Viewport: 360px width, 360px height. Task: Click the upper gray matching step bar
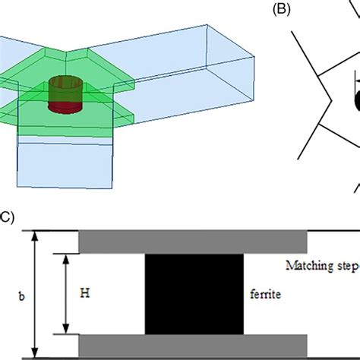point(193,242)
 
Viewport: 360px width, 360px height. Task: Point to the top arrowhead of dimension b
point(33,235)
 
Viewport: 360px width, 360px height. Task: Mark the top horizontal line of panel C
point(190,230)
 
